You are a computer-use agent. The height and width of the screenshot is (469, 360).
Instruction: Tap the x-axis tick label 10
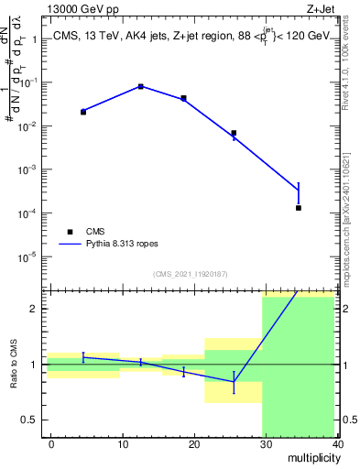[123, 443]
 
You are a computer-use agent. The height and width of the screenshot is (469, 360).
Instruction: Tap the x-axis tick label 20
[194, 443]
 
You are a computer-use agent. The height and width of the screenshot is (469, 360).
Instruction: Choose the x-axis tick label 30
[266, 443]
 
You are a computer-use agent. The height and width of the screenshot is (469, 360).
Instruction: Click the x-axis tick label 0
[51, 443]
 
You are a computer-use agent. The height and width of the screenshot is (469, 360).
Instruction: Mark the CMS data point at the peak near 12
[140, 86]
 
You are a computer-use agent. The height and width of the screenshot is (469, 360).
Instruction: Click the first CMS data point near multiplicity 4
[83, 112]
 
